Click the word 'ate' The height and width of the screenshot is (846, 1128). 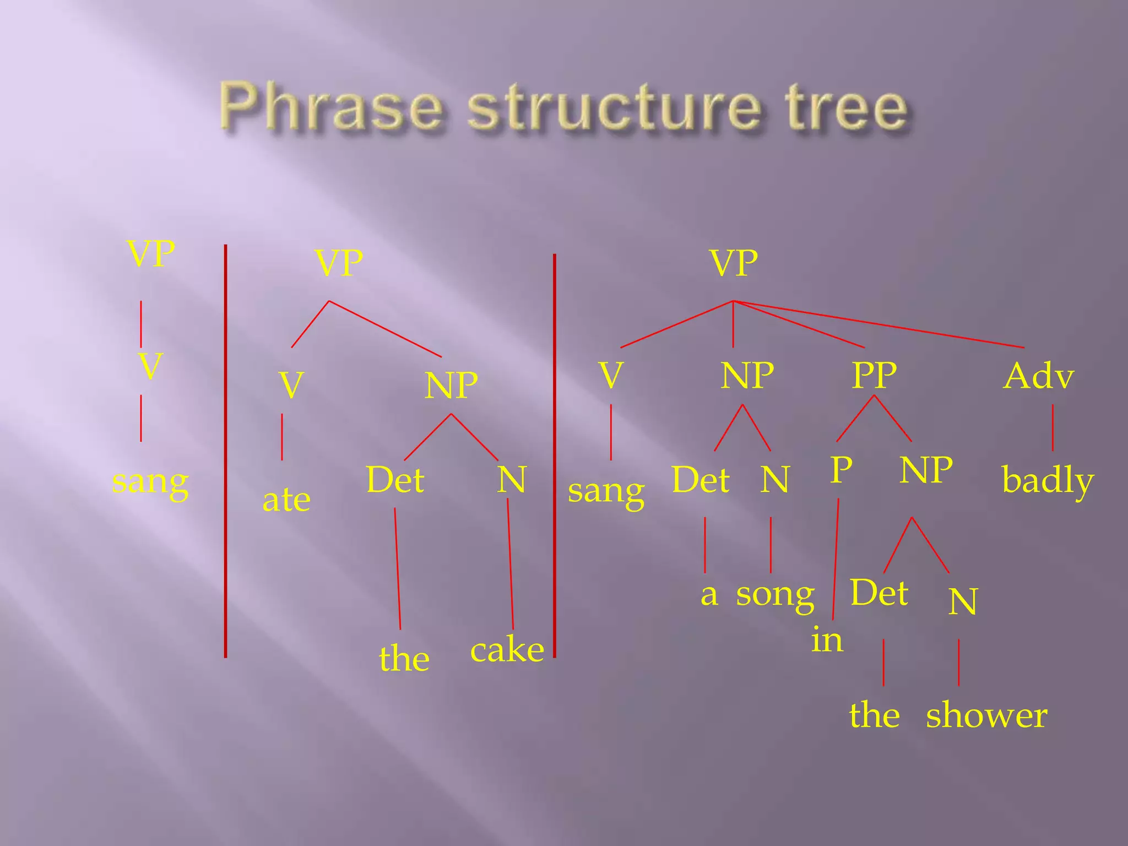(x=286, y=500)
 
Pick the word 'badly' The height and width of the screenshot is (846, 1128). (x=1047, y=480)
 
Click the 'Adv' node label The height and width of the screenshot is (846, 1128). (x=1039, y=376)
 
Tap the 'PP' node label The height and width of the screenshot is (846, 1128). (x=874, y=375)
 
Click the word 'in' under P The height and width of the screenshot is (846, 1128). (x=827, y=640)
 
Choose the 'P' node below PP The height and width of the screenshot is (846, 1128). (x=841, y=470)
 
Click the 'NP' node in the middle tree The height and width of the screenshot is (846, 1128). (x=451, y=385)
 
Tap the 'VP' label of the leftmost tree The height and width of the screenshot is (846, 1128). (x=151, y=253)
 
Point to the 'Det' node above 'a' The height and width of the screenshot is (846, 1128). (x=701, y=479)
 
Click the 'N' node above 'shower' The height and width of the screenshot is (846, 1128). (x=963, y=601)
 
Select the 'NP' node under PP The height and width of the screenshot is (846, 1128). (x=926, y=470)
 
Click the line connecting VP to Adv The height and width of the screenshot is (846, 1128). (x=881, y=324)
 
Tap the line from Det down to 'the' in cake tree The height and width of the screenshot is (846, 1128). (x=397, y=567)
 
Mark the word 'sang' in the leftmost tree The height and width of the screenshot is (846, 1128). (x=150, y=482)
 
